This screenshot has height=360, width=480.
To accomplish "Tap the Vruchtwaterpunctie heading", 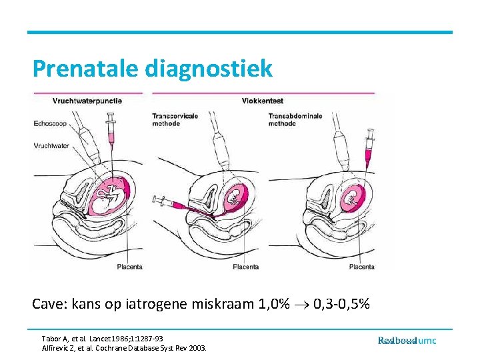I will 87,101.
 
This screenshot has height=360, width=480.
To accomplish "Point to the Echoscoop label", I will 51,123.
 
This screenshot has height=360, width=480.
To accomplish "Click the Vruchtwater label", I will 52,145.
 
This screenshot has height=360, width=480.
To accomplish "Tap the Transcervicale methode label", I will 176,119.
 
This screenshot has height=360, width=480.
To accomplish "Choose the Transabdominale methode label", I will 295,119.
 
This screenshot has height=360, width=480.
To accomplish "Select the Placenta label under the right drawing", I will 361,267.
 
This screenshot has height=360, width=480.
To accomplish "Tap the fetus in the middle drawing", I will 235,196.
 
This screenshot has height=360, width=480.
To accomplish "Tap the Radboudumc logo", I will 407,341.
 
